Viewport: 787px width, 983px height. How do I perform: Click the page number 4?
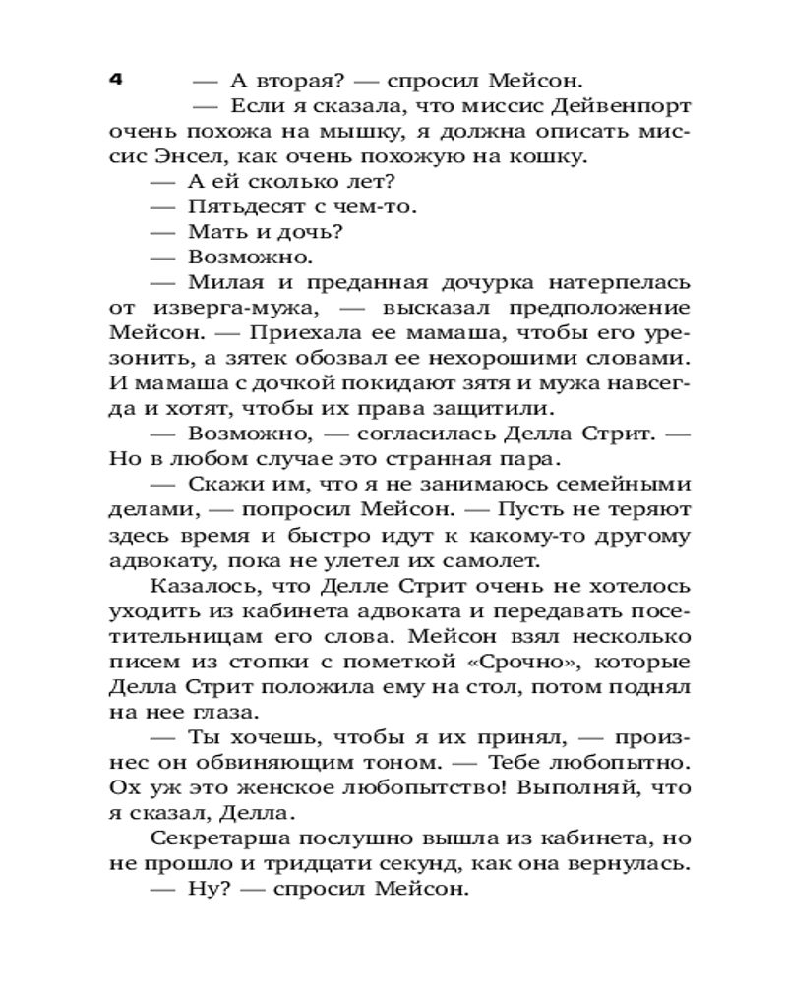coord(115,80)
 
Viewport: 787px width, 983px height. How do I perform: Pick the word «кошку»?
coord(543,157)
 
